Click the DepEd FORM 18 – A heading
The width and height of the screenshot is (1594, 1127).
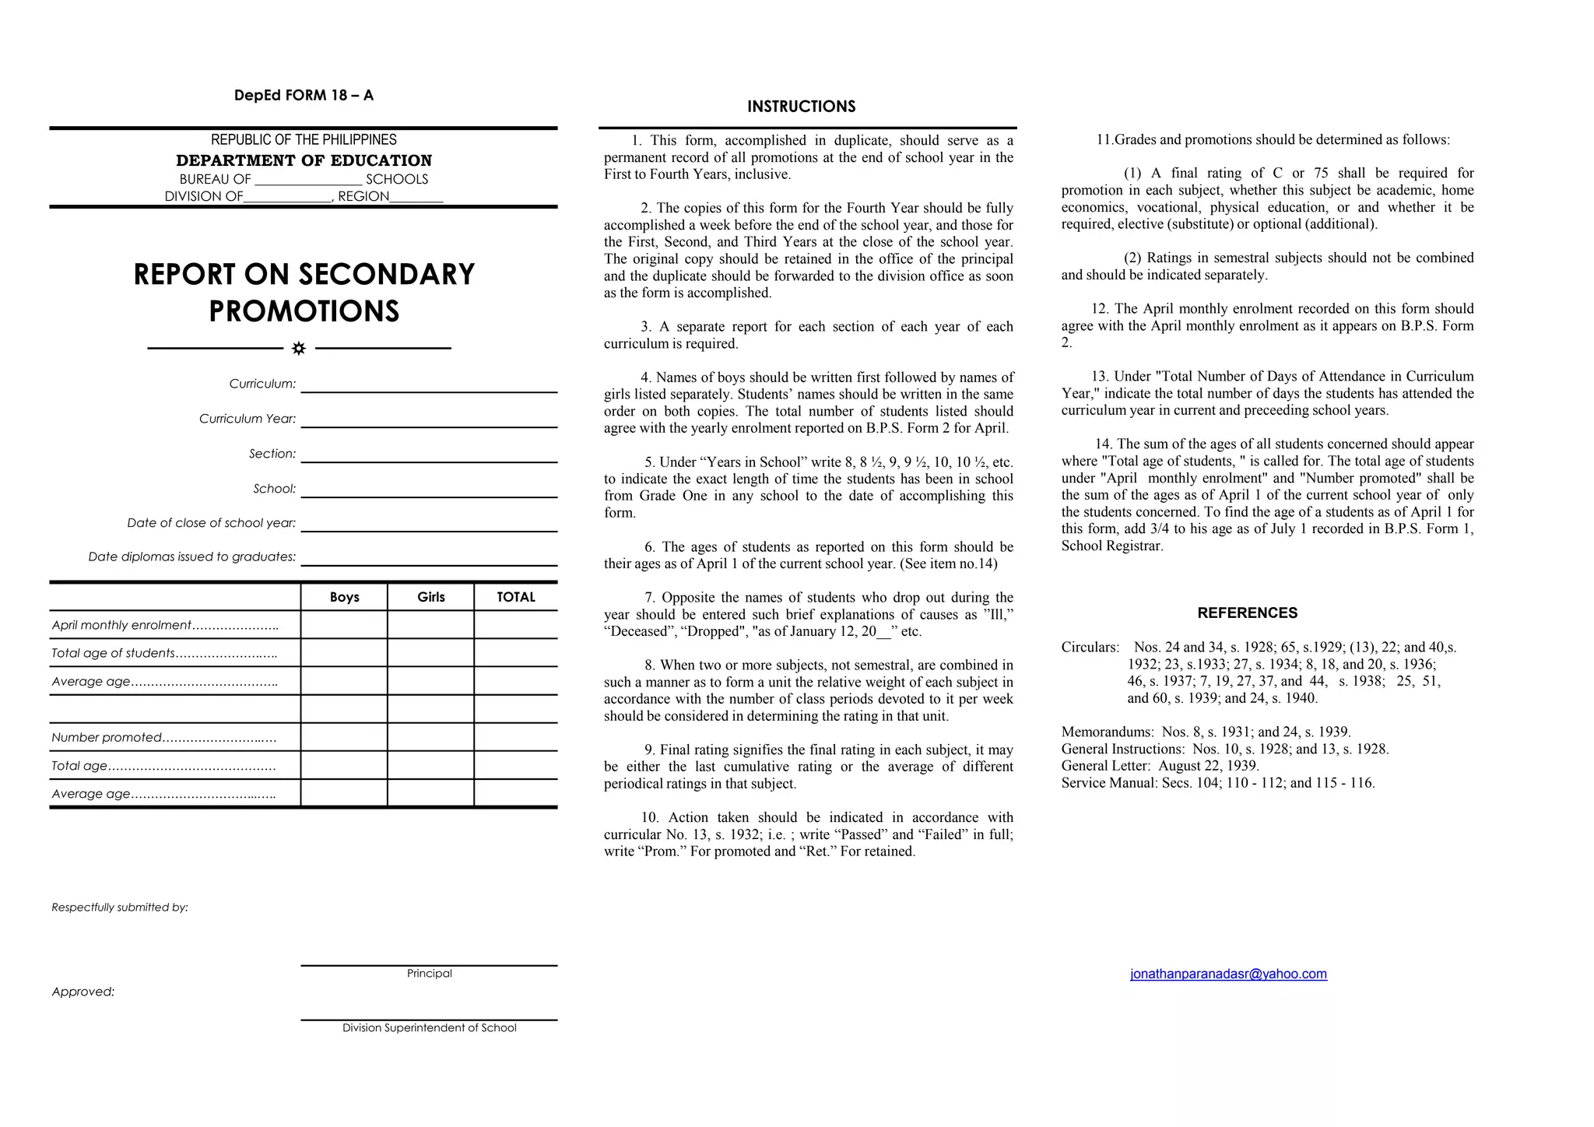point(304,96)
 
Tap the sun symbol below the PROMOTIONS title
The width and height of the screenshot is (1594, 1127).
point(299,349)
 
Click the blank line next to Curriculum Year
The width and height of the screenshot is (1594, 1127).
point(429,421)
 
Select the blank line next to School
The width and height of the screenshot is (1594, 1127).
point(429,491)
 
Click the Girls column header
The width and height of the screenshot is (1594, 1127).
point(430,597)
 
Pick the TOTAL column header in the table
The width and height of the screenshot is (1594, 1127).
point(516,597)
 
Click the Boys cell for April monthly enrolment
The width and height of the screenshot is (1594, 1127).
point(344,625)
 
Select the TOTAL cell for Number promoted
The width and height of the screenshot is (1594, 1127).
point(516,737)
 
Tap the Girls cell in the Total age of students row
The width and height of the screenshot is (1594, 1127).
point(430,653)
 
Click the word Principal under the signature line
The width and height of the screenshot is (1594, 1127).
point(429,974)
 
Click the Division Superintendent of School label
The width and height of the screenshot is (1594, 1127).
point(429,1028)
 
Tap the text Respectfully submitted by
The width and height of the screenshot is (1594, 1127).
point(120,908)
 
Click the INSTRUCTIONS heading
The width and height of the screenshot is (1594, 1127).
point(801,107)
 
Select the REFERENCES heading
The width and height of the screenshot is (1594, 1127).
point(1247,613)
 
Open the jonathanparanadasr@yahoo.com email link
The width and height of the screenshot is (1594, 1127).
point(1228,974)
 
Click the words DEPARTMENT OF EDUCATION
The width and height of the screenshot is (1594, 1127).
point(304,160)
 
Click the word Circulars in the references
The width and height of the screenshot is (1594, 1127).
point(1090,648)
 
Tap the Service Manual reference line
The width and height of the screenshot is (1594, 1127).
point(1217,783)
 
